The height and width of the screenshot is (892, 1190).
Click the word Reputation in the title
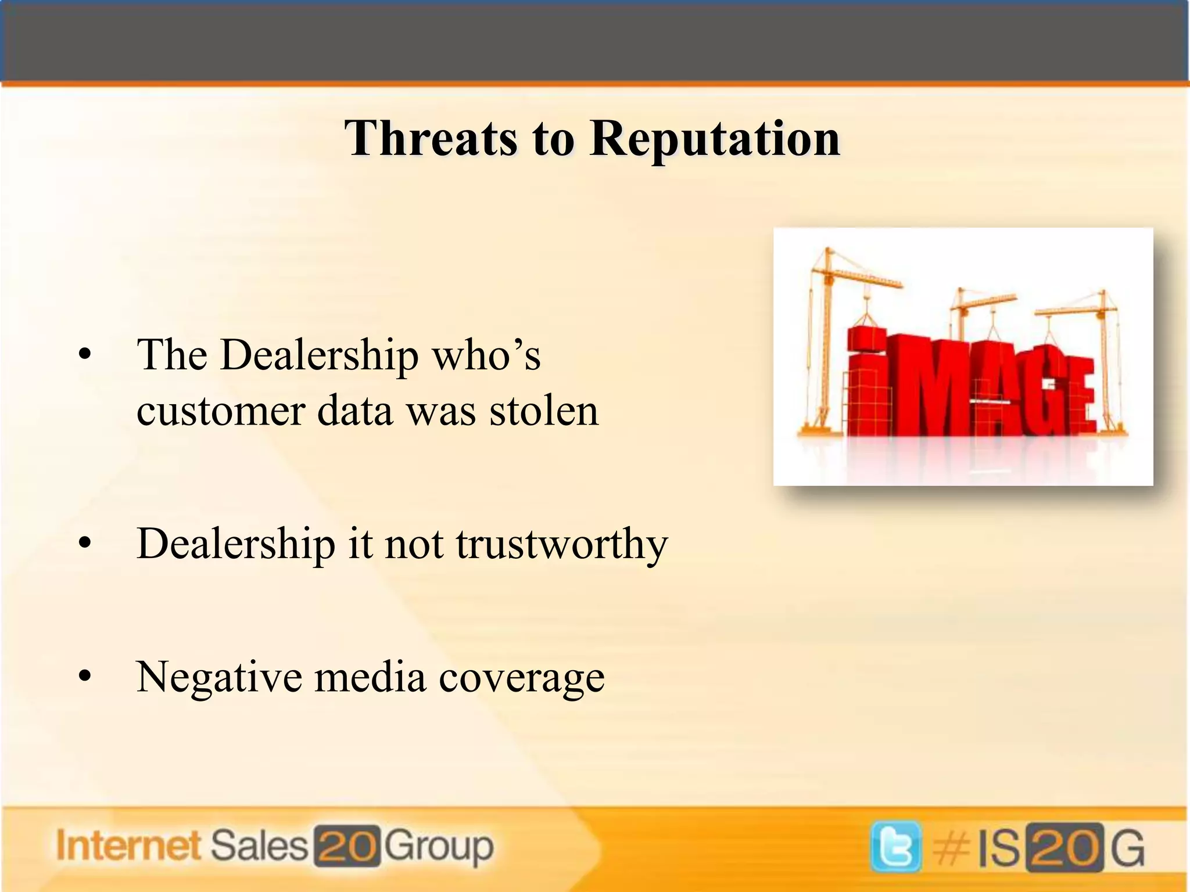pos(715,139)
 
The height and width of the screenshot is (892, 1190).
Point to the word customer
pos(221,411)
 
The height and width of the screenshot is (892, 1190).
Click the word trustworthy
pos(562,545)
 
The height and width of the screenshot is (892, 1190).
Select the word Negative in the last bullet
pos(219,677)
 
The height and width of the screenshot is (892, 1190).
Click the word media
pos(370,677)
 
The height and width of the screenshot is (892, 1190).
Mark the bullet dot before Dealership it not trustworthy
pos(85,544)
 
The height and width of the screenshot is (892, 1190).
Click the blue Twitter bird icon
pos(895,847)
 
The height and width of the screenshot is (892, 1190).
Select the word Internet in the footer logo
pos(128,846)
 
